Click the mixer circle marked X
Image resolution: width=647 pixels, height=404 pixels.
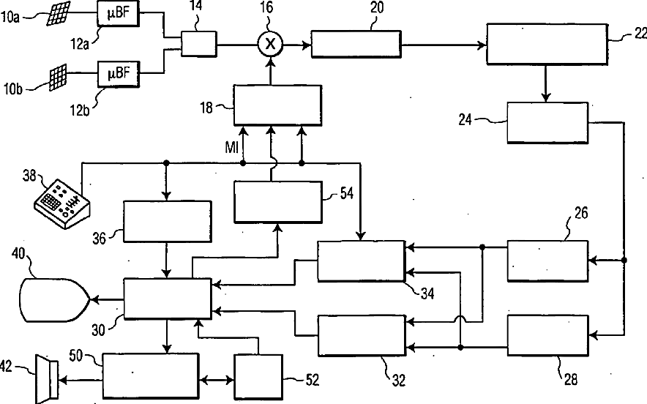click(270, 45)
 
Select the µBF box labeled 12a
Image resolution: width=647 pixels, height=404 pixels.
click(118, 12)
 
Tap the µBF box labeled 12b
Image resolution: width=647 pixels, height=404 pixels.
click(118, 73)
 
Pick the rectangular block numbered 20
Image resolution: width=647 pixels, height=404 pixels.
click(356, 45)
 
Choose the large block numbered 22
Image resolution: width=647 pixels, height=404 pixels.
click(546, 45)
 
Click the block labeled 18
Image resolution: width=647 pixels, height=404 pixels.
click(277, 106)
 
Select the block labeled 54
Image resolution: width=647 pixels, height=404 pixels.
click(277, 201)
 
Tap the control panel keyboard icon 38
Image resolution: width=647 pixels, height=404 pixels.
click(61, 199)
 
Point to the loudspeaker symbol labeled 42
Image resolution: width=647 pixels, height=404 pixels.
click(45, 378)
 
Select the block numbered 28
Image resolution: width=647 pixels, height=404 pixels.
click(547, 335)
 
